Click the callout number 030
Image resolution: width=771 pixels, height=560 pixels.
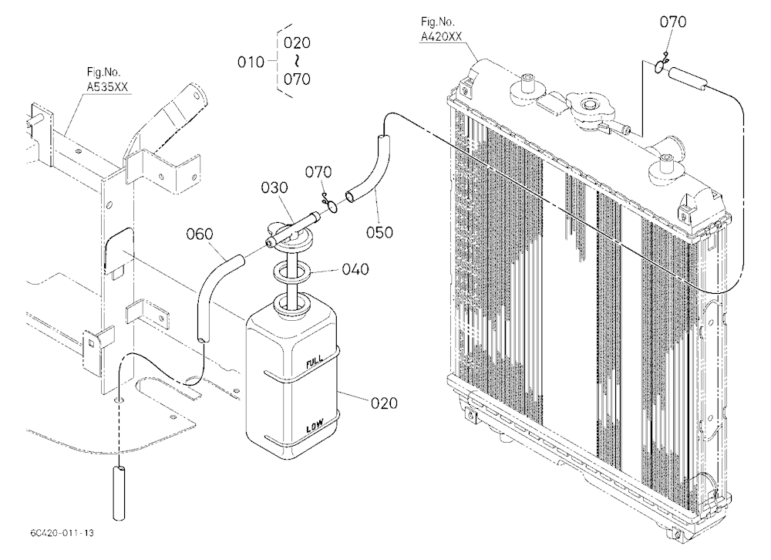(x=274, y=187)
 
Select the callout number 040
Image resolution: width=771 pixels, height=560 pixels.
(x=355, y=269)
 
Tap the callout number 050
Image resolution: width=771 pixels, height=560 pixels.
(x=379, y=232)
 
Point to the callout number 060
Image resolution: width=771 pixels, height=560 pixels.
(x=200, y=234)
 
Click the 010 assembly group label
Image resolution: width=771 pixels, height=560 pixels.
(x=251, y=62)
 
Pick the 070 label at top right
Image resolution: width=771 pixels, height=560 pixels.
(x=672, y=22)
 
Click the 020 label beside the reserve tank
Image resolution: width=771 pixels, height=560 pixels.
(x=384, y=403)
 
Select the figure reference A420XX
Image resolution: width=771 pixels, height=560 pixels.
(x=441, y=37)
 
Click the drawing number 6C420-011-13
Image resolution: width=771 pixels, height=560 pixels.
(x=62, y=533)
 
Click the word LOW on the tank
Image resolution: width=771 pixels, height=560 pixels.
(x=315, y=426)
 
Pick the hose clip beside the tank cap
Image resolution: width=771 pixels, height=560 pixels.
(x=331, y=204)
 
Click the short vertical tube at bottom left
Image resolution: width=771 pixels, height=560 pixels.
(x=119, y=493)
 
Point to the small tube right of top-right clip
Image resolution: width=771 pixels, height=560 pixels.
(x=688, y=79)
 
